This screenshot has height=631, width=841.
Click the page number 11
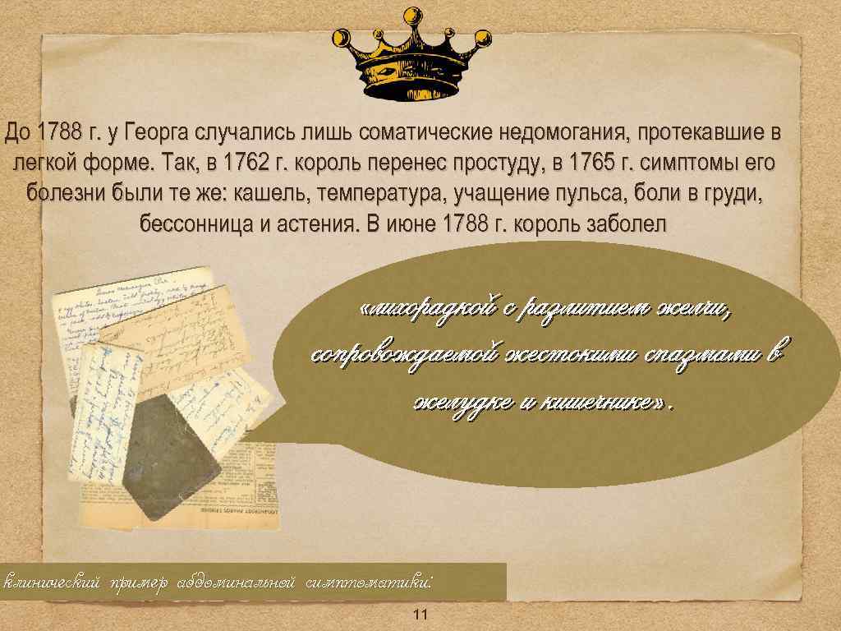click(421, 615)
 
